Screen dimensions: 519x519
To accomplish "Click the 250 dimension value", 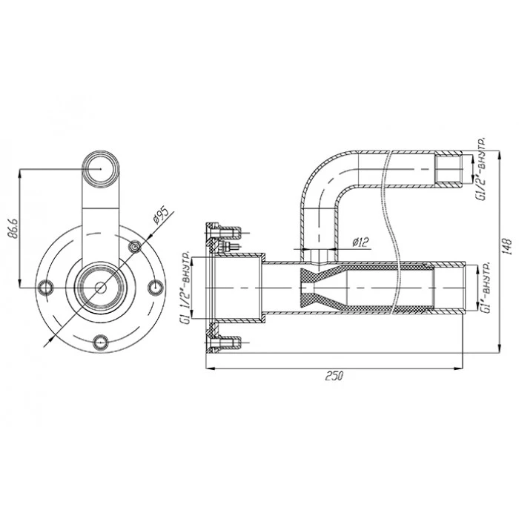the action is click(x=334, y=376).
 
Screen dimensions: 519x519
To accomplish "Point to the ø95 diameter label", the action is click(x=161, y=216).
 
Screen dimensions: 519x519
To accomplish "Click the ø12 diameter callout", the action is click(x=360, y=242).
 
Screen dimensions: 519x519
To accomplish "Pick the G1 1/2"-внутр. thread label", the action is click(x=187, y=288).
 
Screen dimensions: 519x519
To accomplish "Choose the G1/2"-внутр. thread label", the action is click(x=480, y=169).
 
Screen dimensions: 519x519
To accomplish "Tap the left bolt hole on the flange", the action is click(x=46, y=288).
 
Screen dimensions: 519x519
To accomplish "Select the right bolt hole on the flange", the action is click(x=155, y=288).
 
